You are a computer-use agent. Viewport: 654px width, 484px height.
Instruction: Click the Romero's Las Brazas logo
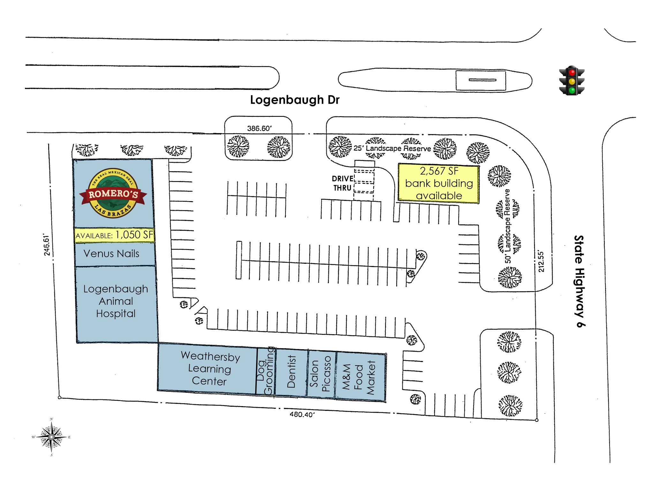click(x=113, y=193)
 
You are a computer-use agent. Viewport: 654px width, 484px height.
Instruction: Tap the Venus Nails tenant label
click(x=111, y=253)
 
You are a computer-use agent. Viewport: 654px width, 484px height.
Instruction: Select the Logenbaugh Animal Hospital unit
click(x=117, y=304)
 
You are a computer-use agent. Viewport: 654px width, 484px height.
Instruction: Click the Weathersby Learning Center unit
click(x=208, y=369)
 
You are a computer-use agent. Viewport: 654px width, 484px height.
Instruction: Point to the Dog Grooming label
click(x=266, y=371)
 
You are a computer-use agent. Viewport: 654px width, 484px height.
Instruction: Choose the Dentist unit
click(x=291, y=373)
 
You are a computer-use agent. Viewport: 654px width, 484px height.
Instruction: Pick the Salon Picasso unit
click(x=321, y=374)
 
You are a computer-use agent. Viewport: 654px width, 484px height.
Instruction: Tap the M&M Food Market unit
click(x=360, y=377)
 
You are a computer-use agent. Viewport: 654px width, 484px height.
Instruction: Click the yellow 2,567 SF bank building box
click(x=439, y=183)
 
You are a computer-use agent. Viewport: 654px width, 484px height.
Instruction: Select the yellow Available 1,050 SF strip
click(x=114, y=235)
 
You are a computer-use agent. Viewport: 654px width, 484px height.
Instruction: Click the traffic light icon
click(x=572, y=80)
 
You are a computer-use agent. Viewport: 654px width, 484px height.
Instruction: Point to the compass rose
click(x=51, y=437)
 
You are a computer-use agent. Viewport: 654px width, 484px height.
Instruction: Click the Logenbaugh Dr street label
click(x=295, y=100)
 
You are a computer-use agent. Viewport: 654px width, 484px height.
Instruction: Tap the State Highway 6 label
click(x=579, y=281)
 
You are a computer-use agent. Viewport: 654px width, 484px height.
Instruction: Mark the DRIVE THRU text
click(x=343, y=183)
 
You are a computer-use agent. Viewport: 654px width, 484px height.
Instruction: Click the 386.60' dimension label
click(x=259, y=128)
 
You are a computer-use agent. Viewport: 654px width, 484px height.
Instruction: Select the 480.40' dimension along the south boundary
click(x=302, y=414)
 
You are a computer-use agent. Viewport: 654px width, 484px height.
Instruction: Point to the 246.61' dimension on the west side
click(x=47, y=245)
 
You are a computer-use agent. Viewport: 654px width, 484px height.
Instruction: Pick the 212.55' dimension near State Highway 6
click(x=541, y=261)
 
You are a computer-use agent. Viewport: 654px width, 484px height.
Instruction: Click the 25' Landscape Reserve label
click(x=392, y=148)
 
